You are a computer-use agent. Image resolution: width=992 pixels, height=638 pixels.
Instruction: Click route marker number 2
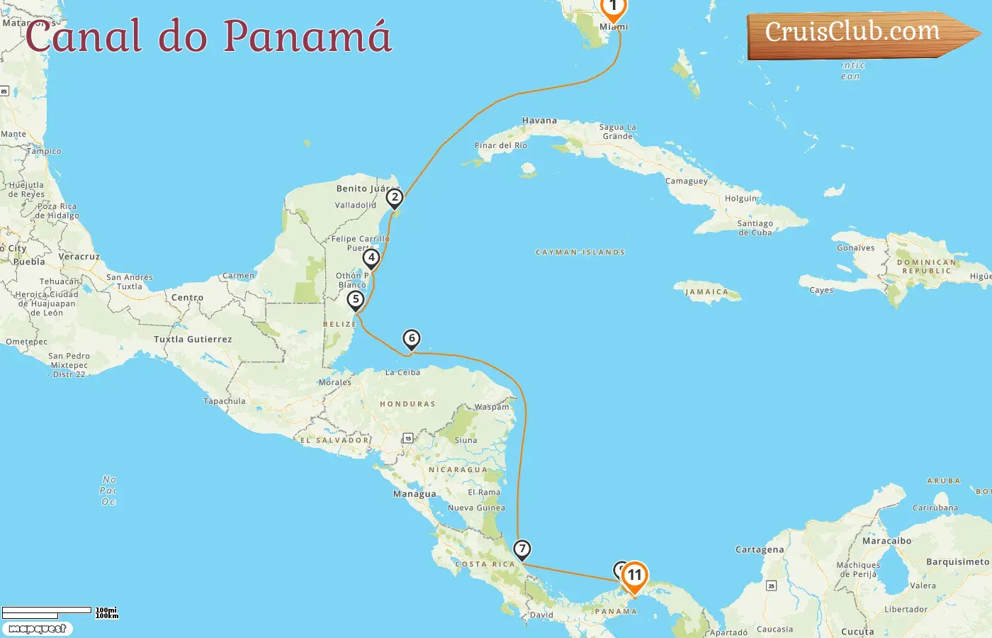pyautogui.click(x=395, y=198)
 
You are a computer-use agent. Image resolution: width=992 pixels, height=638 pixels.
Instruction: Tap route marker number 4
pyautogui.click(x=371, y=258)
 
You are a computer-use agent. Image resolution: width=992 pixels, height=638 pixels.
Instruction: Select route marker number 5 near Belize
pyautogui.click(x=356, y=300)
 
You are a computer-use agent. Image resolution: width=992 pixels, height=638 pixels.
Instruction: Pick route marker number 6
pyautogui.click(x=411, y=339)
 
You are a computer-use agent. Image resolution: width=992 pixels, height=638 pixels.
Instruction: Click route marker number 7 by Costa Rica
pyautogui.click(x=522, y=549)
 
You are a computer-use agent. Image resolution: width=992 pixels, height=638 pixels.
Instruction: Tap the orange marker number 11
pyautogui.click(x=634, y=576)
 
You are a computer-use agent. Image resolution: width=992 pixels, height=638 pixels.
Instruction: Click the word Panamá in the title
pyautogui.click(x=308, y=35)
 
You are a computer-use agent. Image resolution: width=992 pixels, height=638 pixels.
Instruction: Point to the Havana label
pyautogui.click(x=539, y=121)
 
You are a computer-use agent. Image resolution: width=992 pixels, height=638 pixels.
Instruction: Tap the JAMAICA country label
pyautogui.click(x=706, y=292)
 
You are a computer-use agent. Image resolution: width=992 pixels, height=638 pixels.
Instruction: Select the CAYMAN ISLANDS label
pyautogui.click(x=580, y=252)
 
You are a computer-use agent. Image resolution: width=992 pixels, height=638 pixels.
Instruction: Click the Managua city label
pyautogui.click(x=415, y=494)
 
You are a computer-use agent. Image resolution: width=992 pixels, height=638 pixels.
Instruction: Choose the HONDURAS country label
pyautogui.click(x=407, y=404)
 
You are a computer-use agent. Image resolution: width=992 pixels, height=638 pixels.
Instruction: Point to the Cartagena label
pyautogui.click(x=760, y=549)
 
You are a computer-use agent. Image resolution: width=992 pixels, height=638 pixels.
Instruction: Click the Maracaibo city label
pyautogui.click(x=886, y=541)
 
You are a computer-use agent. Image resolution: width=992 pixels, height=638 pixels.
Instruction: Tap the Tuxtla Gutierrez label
pyautogui.click(x=193, y=340)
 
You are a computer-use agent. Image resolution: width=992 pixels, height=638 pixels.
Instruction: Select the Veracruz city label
pyautogui.click(x=79, y=257)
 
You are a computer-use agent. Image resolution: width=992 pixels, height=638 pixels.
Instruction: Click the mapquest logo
pyautogui.click(x=37, y=629)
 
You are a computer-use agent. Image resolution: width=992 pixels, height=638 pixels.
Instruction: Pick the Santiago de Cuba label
pyautogui.click(x=755, y=228)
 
